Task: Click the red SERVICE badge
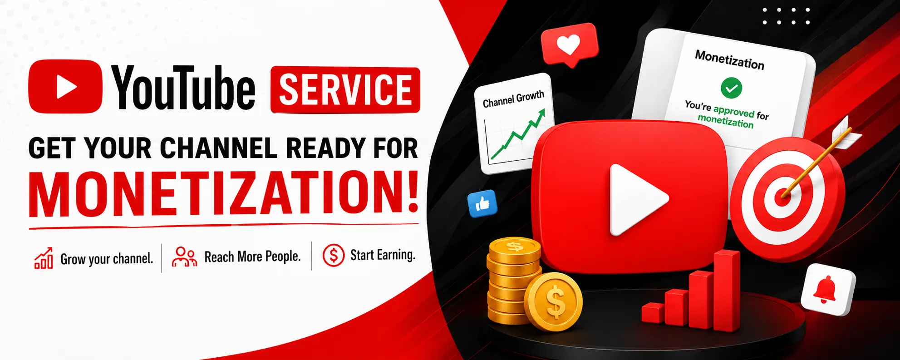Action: click(345, 89)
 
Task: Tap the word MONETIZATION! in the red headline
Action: click(224, 192)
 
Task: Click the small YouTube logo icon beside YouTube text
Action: click(65, 86)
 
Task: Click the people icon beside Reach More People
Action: click(184, 256)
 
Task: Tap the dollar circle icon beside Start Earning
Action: click(334, 255)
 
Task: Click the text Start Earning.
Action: click(383, 255)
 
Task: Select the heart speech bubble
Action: click(570, 44)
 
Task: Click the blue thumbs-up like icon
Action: click(482, 204)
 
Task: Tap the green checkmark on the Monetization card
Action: click(731, 88)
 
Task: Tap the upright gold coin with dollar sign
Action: click(553, 302)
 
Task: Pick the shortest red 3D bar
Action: click(652, 313)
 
